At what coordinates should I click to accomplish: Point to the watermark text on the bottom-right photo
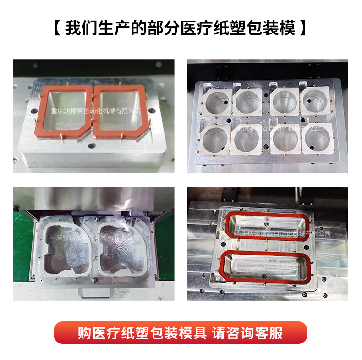tap(286, 233)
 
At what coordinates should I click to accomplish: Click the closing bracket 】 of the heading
tap(302, 28)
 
